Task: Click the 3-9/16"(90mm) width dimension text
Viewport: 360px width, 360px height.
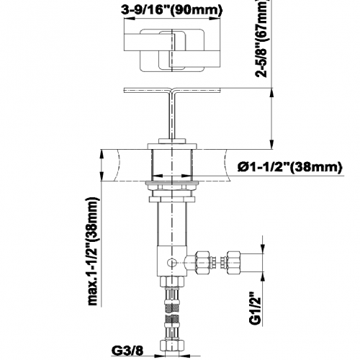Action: point(172,10)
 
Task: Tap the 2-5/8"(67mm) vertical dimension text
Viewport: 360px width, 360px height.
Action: point(261,38)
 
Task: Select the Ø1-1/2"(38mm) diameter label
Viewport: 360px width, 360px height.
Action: point(289,167)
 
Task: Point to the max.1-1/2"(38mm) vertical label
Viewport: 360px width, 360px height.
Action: point(93,251)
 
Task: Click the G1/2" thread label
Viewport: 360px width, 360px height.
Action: point(256,308)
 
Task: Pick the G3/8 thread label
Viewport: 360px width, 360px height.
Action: point(127,351)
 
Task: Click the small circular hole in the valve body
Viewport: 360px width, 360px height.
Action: point(171,263)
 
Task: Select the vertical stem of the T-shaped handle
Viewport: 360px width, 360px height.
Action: point(172,114)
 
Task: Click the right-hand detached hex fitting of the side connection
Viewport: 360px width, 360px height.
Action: point(233,262)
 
